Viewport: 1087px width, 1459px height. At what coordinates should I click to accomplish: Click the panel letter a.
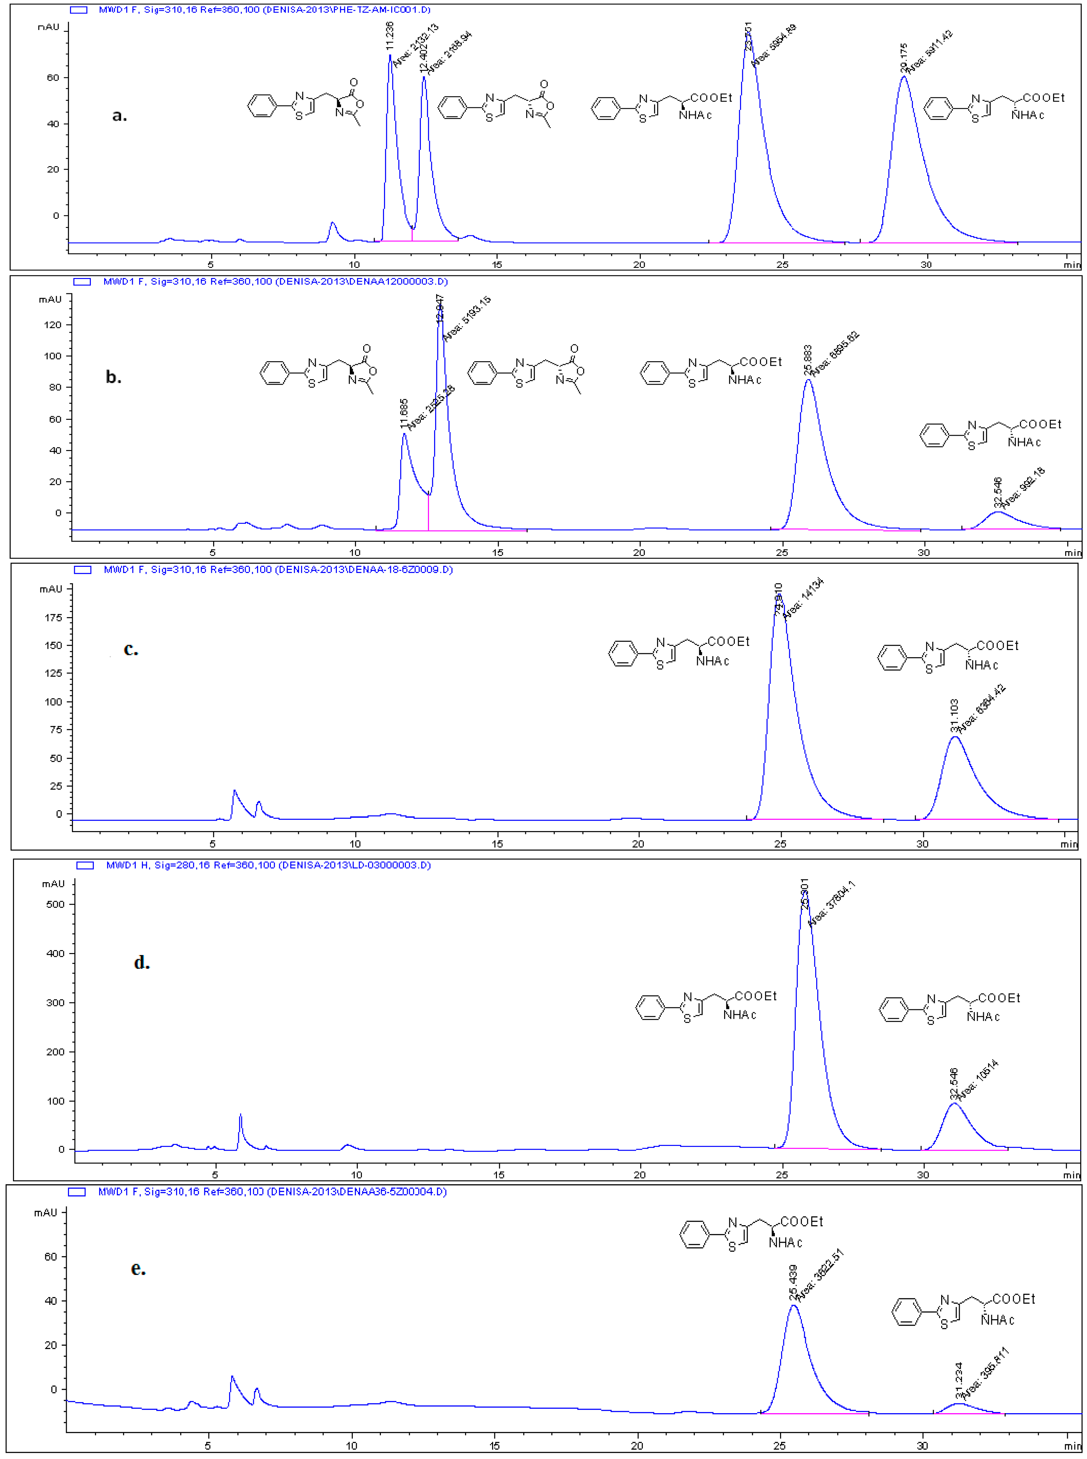pyautogui.click(x=119, y=116)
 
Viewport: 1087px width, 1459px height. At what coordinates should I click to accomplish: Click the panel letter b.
pyautogui.click(x=113, y=377)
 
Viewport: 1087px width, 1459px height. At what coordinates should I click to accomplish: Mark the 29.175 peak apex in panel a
pyautogui.click(x=904, y=77)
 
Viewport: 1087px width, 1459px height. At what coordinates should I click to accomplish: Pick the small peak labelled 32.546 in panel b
pyautogui.click(x=998, y=512)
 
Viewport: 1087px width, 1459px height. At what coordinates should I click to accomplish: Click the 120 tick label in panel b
pyautogui.click(x=51, y=325)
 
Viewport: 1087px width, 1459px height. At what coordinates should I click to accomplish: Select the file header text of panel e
pyautogui.click(x=272, y=1191)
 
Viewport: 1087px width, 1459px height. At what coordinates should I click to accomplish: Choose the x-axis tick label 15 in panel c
pyautogui.click(x=497, y=843)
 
